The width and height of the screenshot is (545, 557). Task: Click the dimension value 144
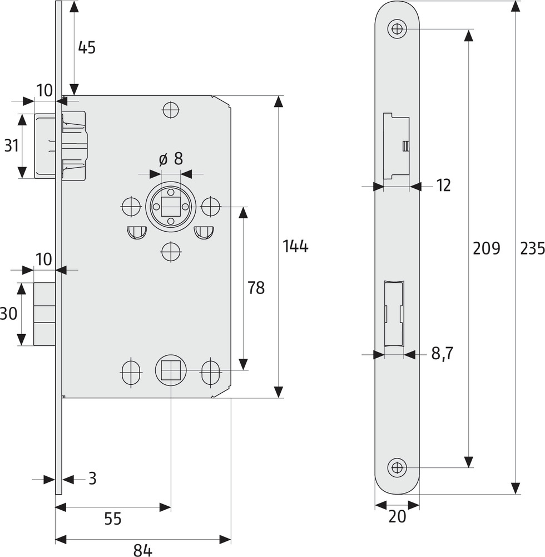[295, 246]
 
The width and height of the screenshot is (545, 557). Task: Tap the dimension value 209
[486, 247]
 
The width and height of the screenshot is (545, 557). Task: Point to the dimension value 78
[256, 287]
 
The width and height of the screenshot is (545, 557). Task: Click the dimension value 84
[142, 550]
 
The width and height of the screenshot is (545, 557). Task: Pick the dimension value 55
[113, 519]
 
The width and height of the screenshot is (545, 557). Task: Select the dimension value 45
[86, 47]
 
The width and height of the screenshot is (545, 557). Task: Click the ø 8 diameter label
[171, 159]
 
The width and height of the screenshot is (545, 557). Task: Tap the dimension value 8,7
[443, 353]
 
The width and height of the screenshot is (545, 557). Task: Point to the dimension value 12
[443, 185]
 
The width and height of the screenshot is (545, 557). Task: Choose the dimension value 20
[397, 516]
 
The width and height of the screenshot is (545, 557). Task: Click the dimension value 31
[11, 146]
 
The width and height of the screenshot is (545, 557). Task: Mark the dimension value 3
[92, 478]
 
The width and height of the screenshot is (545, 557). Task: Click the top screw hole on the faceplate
[397, 28]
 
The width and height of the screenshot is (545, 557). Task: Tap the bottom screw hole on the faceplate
[397, 467]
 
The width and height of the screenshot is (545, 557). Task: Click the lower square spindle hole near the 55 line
[170, 370]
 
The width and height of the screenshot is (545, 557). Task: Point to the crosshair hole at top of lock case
[171, 109]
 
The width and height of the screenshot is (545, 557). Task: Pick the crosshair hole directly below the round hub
[171, 252]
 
